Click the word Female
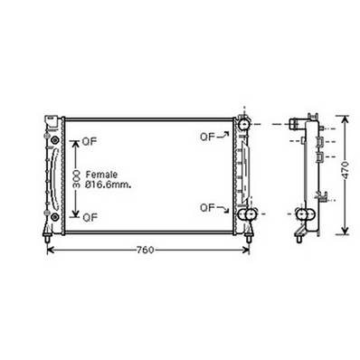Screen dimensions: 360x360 click(x=101, y=174)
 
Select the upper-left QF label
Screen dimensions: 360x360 click(x=90, y=140)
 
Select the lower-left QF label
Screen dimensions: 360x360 click(x=90, y=217)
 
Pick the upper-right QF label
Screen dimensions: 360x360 click(x=207, y=137)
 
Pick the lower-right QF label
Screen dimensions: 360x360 click(x=207, y=207)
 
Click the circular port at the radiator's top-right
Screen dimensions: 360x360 click(x=245, y=122)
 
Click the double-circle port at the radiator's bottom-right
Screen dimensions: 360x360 click(x=246, y=213)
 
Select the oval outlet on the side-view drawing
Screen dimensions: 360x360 click(x=303, y=215)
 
